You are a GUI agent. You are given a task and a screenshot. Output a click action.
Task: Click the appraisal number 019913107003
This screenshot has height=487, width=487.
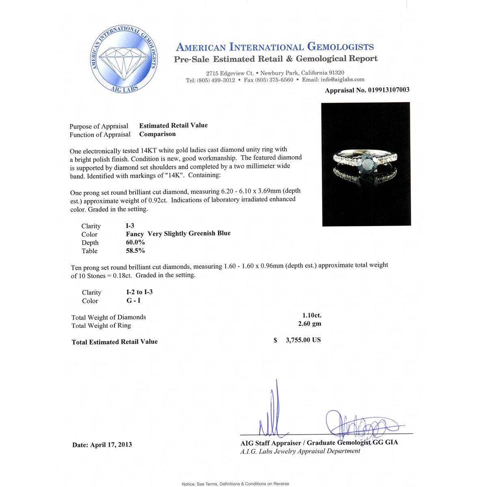point(388,90)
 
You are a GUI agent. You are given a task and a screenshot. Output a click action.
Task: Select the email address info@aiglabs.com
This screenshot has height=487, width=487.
point(342,80)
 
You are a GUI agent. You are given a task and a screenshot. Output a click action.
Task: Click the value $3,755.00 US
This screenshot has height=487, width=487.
point(303,340)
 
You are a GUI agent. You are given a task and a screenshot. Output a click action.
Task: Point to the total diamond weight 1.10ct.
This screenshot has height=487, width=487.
point(312,315)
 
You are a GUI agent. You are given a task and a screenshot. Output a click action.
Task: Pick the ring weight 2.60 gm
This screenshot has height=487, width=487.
point(310,324)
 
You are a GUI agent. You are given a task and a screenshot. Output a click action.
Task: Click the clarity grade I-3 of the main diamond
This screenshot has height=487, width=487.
point(130,226)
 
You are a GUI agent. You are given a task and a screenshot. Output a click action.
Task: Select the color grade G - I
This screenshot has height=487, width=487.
point(134,301)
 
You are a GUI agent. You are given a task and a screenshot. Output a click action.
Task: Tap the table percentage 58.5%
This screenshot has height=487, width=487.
point(136,251)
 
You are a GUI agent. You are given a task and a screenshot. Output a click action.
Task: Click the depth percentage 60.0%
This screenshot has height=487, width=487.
point(136,242)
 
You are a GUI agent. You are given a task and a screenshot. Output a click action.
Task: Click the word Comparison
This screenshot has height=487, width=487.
point(157,134)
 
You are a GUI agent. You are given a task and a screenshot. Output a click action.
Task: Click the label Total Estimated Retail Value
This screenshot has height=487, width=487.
point(114,342)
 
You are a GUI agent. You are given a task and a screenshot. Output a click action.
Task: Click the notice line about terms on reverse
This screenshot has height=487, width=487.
point(235,484)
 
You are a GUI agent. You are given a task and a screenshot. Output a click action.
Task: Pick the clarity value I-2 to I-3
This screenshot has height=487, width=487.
point(139,292)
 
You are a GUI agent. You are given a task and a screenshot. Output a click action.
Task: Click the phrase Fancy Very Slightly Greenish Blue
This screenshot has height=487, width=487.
point(178,234)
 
